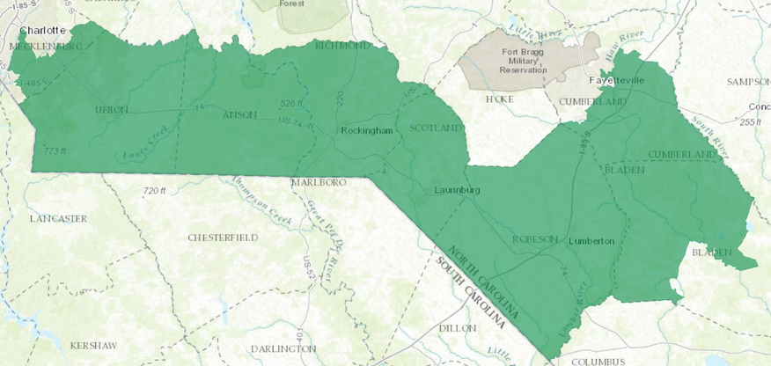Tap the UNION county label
[111, 110]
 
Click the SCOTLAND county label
[435, 128]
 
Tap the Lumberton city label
[591, 240]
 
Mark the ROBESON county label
[536, 239]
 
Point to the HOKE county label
[499, 99]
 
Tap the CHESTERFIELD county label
[223, 238]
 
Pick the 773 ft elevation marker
[54, 151]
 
